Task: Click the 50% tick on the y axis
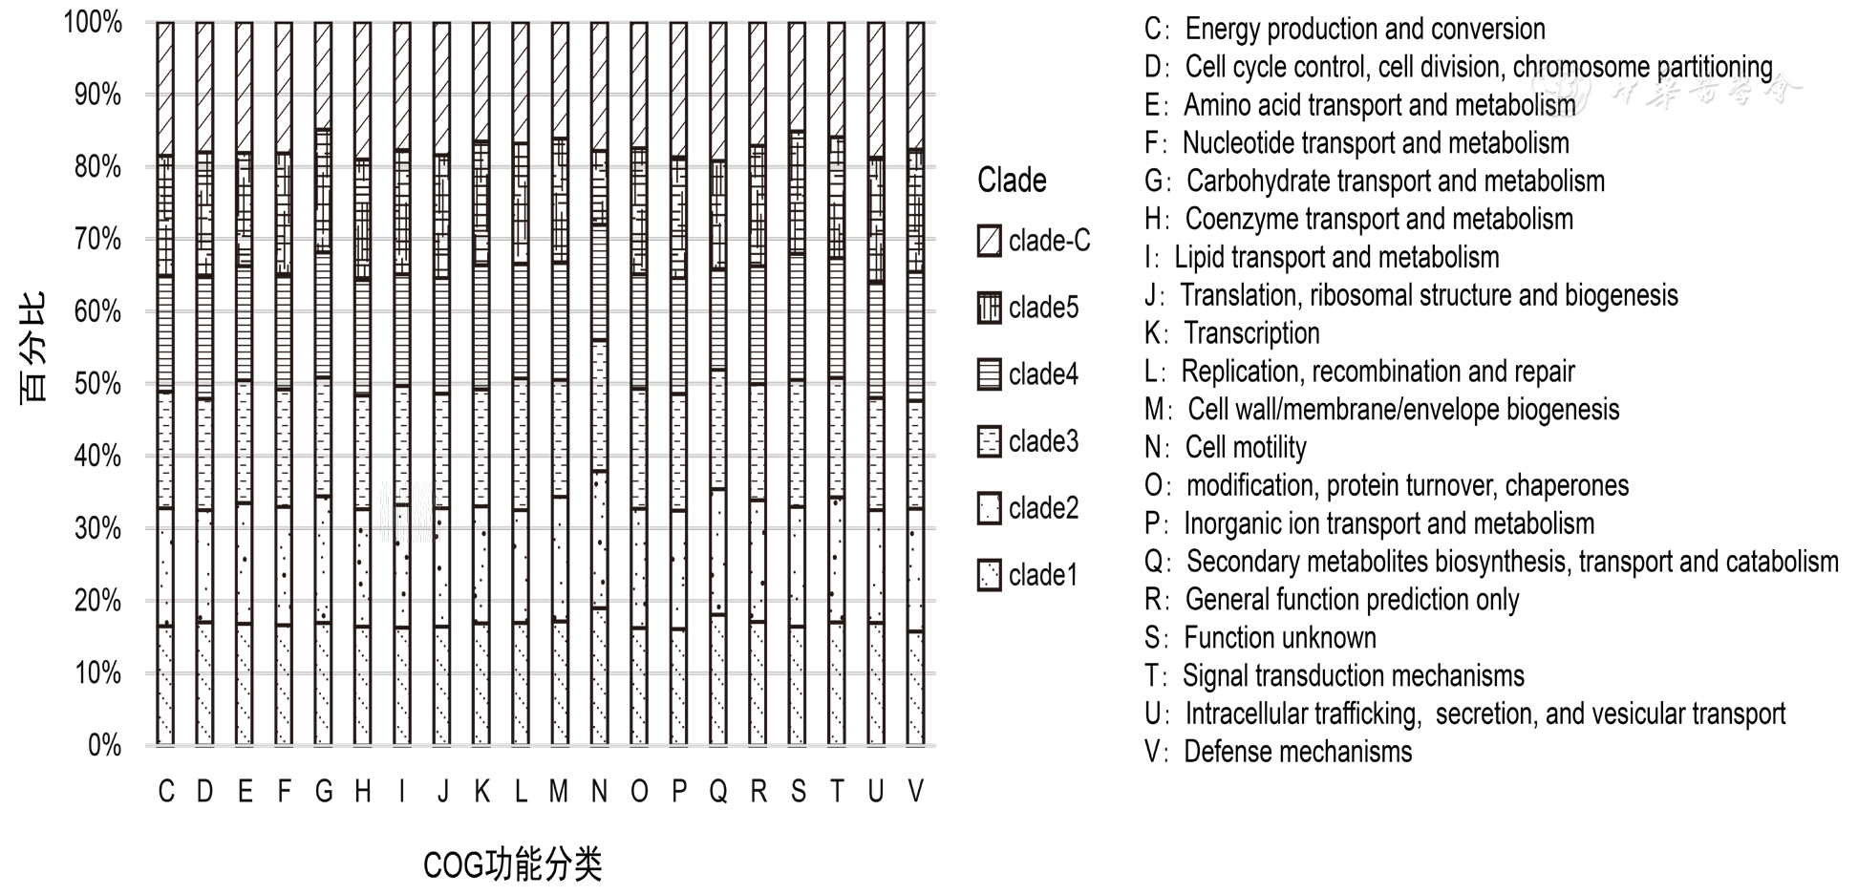[x=97, y=384]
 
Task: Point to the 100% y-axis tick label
[x=93, y=22]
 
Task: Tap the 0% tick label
[x=104, y=745]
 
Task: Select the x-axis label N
[x=599, y=791]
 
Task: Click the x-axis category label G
[x=324, y=791]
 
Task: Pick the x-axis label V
[x=915, y=791]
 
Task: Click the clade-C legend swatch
[x=990, y=241]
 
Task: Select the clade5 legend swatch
[x=990, y=308]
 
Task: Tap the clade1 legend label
[x=1043, y=575]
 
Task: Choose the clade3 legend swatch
[x=990, y=441]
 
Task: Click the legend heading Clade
[x=1012, y=181]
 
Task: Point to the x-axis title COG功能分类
[x=512, y=865]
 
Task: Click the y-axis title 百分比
[x=33, y=348]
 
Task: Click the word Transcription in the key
[x=1251, y=333]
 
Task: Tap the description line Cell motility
[x=1245, y=447]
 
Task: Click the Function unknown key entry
[x=1279, y=637]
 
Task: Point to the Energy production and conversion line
[x=1364, y=29]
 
